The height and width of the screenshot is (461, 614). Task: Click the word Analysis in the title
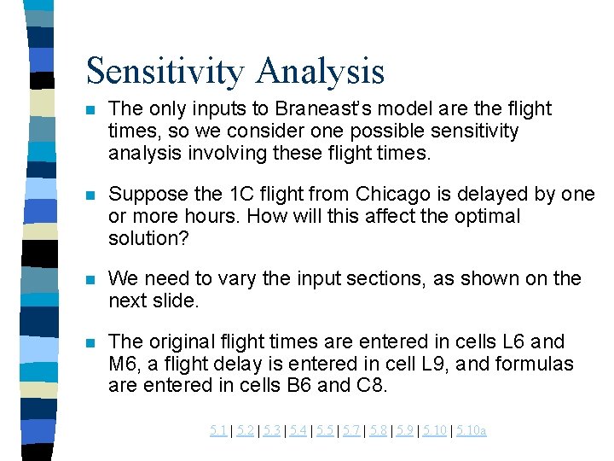tap(324, 71)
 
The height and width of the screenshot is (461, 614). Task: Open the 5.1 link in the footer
tap(218, 430)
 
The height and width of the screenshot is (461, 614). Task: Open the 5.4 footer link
tap(298, 430)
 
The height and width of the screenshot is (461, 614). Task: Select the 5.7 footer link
tap(351, 430)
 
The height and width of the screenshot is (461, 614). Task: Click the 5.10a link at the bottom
tap(472, 430)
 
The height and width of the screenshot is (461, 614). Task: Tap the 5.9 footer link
tap(405, 430)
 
